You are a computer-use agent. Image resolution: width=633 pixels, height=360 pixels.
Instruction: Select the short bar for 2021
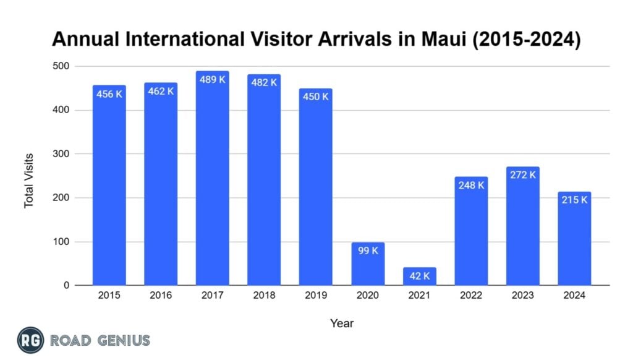[x=419, y=276]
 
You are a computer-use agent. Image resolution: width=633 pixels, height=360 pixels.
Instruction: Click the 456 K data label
[x=109, y=95]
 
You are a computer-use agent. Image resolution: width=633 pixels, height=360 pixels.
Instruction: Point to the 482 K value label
[x=264, y=82]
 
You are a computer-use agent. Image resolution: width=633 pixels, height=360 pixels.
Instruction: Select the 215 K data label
[x=574, y=200]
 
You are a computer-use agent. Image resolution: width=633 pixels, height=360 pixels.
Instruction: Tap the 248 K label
[x=471, y=185]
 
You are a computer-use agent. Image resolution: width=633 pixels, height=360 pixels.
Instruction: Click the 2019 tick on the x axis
[x=316, y=296]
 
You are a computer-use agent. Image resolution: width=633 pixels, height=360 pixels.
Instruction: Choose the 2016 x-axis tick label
[x=161, y=296]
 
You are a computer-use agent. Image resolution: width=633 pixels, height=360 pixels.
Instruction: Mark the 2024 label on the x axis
[x=574, y=296]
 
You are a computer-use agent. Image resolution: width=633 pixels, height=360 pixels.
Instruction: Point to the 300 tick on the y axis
[x=62, y=154]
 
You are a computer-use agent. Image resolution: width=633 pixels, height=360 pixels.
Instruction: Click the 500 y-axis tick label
[x=62, y=66]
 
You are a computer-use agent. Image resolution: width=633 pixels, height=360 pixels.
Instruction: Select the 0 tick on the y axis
[x=67, y=286]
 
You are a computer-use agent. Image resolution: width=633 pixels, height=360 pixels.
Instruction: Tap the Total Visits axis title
[x=29, y=181]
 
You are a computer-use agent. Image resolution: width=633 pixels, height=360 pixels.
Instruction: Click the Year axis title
[x=342, y=323]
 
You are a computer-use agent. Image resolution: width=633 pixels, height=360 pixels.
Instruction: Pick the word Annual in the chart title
[x=81, y=40]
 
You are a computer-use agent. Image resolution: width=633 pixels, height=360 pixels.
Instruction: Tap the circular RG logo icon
[x=30, y=340]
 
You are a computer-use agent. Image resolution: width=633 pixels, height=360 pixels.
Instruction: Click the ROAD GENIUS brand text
[x=100, y=340]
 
